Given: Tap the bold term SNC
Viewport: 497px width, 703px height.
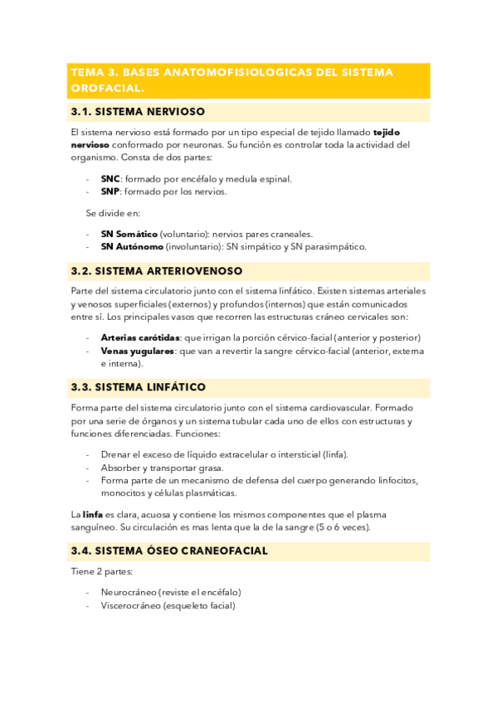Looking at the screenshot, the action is pos(110,178).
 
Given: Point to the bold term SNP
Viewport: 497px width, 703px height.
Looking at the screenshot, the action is pos(110,192).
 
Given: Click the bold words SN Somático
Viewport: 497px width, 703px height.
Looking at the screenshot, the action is pos(129,234).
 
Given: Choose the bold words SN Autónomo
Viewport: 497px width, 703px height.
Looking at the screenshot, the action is pos(131,246).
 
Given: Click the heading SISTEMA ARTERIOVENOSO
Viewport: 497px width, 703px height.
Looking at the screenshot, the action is pos(169,271).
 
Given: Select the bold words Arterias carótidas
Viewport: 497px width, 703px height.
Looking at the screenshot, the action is pos(139,337).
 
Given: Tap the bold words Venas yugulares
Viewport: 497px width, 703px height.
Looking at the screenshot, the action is pos(137,351).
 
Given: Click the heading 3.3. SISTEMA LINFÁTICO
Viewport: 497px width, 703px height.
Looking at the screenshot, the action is pos(139,387).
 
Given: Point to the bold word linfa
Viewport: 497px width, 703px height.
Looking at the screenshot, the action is pos(92,514).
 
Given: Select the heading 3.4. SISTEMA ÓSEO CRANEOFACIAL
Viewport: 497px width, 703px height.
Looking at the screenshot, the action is pos(169,550).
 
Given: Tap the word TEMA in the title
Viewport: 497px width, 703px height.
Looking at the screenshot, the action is pos(88,72).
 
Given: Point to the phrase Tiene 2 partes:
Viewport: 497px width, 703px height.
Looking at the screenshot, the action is pos(101,571).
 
